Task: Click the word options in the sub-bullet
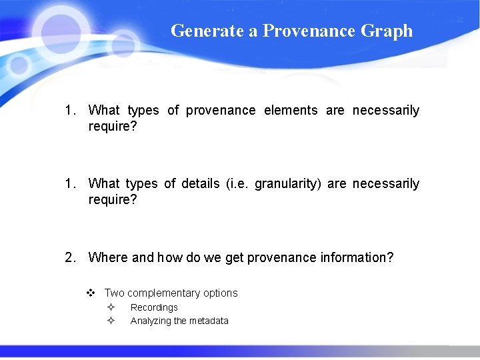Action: pos(221,293)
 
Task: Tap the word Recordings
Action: pos(154,307)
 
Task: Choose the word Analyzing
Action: pos(151,321)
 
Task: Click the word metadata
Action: pos(209,321)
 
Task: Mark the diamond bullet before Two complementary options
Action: pos(91,293)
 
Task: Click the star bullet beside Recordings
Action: pos(111,307)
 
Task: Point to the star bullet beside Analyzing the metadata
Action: pos(111,321)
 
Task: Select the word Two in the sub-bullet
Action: pos(114,293)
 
